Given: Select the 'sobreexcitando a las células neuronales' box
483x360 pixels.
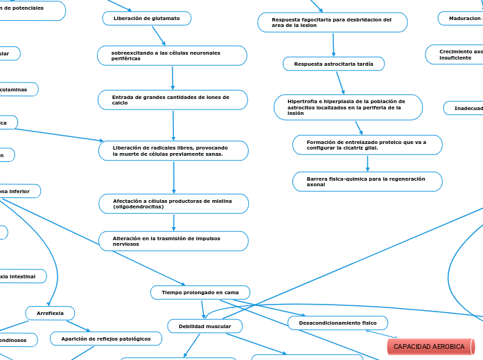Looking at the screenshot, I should (x=173, y=55).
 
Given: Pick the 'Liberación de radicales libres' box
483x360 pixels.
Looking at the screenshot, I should (x=173, y=151).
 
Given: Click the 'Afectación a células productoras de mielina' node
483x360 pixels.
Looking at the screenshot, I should (x=173, y=204).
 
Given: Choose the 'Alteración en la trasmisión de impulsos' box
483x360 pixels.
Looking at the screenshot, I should (x=173, y=241).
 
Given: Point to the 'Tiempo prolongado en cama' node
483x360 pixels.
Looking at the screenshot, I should (x=200, y=293).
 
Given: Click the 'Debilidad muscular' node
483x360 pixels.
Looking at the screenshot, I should (x=205, y=325).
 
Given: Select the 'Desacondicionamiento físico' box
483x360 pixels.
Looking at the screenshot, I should (x=337, y=323).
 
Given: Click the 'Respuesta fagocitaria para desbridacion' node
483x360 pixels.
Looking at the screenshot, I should (x=332, y=23).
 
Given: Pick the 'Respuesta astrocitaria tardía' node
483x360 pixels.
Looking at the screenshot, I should (x=333, y=64).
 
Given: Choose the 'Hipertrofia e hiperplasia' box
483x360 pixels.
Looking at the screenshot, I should (x=349, y=107).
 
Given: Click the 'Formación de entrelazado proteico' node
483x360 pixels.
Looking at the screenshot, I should (x=367, y=145).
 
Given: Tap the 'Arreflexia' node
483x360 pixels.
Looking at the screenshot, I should (x=49, y=314).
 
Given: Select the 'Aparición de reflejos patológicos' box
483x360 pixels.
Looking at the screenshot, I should (x=106, y=339).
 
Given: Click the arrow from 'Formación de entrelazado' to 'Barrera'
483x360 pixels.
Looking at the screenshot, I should (x=367, y=163).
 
